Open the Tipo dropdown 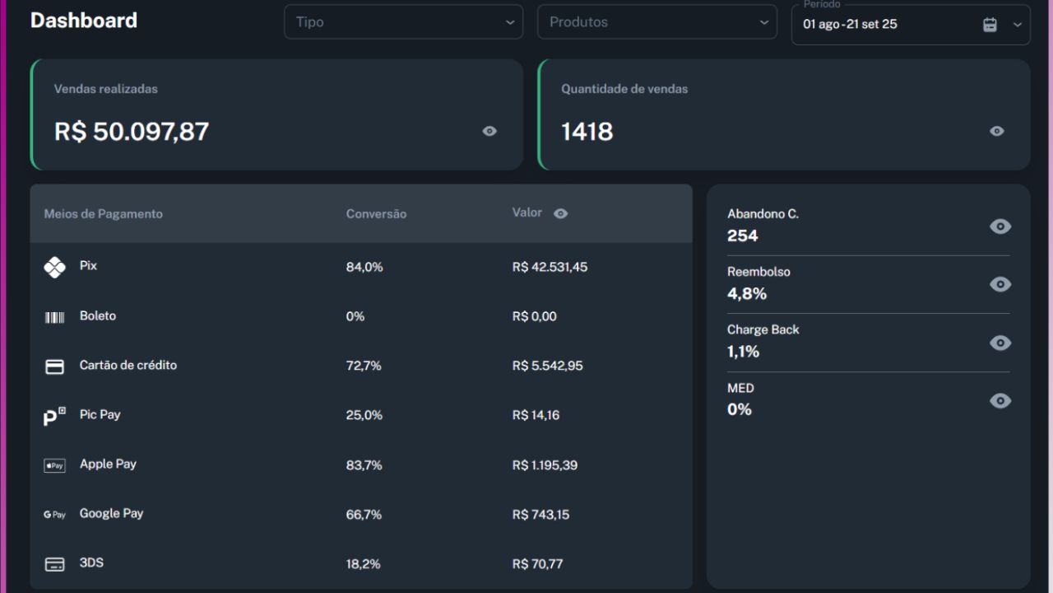pyautogui.click(x=403, y=22)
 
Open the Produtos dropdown pyautogui.click(x=656, y=22)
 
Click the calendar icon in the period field pyautogui.click(x=990, y=25)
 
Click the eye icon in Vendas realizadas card pyautogui.click(x=489, y=131)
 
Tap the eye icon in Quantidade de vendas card pyautogui.click(x=997, y=131)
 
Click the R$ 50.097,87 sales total pyautogui.click(x=132, y=131)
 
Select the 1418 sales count pyautogui.click(x=587, y=131)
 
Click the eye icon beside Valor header pyautogui.click(x=561, y=213)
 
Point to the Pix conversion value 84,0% pyautogui.click(x=364, y=267)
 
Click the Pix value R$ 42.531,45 pyautogui.click(x=550, y=267)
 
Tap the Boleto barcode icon pyautogui.click(x=54, y=317)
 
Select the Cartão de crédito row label pyautogui.click(x=128, y=365)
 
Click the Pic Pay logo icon pyautogui.click(x=54, y=416)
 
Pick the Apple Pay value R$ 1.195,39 pyautogui.click(x=545, y=465)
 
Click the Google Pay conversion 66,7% pyautogui.click(x=364, y=515)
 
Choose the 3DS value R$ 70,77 pyautogui.click(x=537, y=564)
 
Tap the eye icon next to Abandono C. pyautogui.click(x=1000, y=226)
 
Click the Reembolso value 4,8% pyautogui.click(x=747, y=293)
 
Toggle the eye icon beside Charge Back pyautogui.click(x=1000, y=343)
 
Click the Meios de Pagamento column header pyautogui.click(x=104, y=214)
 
